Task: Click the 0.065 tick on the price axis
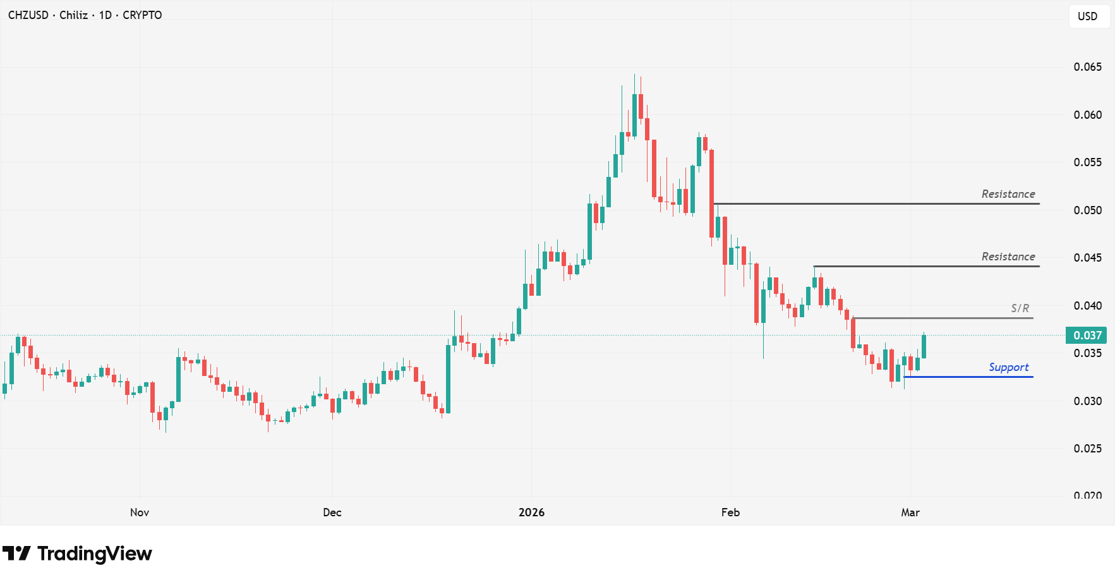1087,67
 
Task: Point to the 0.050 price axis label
1087,210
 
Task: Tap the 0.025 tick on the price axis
1087,449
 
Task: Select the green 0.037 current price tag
1087,336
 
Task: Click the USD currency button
1087,16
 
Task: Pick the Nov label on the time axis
140,512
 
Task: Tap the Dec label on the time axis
332,512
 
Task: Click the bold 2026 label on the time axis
531,512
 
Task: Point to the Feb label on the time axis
730,512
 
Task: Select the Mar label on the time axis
910,512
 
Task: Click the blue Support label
1008,367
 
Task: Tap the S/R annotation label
1020,308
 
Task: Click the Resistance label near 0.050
1008,194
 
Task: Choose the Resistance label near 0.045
1008,257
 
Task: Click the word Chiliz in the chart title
73,15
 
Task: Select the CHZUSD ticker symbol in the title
28,15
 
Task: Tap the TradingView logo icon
16,554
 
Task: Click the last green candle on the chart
924,346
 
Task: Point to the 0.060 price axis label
1087,115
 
